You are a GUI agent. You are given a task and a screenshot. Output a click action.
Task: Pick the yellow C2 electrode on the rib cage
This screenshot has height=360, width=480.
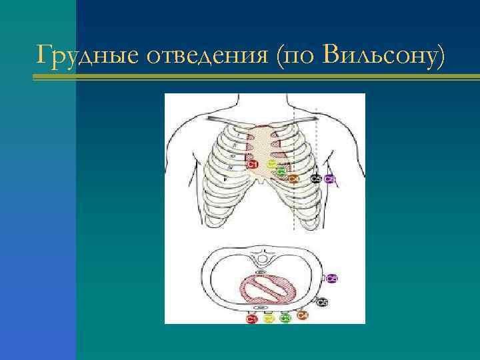[x=271, y=163]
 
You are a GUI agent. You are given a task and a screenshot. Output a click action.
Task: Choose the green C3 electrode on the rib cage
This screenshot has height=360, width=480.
[x=281, y=171]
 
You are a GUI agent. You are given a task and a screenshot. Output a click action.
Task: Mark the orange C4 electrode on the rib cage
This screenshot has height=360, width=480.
[x=293, y=178]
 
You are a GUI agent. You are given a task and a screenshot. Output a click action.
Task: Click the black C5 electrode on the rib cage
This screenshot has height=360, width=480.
[x=315, y=179]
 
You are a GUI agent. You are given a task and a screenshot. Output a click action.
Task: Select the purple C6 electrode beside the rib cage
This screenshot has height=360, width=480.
[x=329, y=179]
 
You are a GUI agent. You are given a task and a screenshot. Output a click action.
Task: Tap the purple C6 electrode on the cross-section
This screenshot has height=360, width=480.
[x=331, y=277]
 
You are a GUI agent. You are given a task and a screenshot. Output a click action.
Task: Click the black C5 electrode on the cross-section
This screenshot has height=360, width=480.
[x=322, y=302]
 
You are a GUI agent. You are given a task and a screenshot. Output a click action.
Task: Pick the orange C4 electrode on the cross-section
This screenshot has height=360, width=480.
[x=302, y=315]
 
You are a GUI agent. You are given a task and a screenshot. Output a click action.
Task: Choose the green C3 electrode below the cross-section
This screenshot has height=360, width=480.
[x=285, y=319]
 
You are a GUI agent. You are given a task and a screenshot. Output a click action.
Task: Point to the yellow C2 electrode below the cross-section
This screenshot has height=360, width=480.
[x=269, y=319]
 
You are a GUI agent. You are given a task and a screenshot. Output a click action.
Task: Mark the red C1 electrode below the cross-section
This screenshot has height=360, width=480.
[x=251, y=319]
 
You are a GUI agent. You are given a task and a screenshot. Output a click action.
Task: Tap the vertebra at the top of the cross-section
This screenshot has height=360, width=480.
[x=263, y=256]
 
